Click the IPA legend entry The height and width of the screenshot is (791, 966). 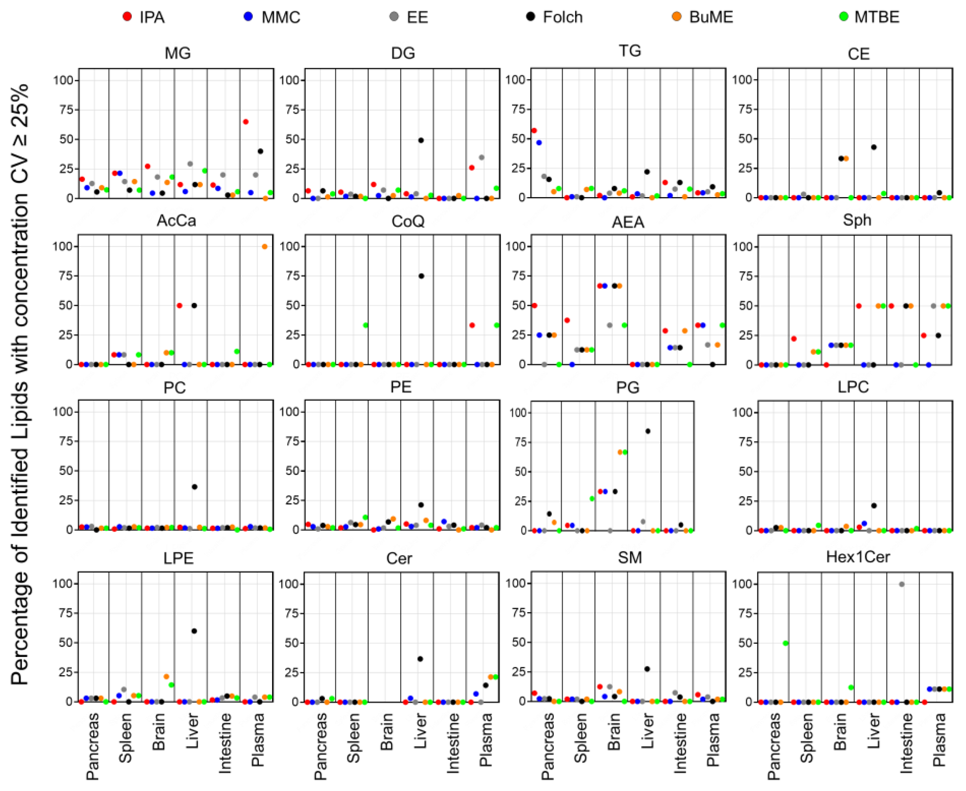(x=144, y=17)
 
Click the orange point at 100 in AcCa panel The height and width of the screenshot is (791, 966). (x=265, y=247)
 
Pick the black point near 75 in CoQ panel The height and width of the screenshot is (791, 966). (x=421, y=276)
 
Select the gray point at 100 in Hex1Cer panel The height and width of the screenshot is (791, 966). (x=901, y=584)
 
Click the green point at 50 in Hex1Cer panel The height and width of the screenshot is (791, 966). (x=785, y=643)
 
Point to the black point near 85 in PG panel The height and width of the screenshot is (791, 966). (x=648, y=431)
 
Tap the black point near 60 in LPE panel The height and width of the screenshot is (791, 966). (x=194, y=631)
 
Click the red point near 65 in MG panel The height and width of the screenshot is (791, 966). (x=246, y=122)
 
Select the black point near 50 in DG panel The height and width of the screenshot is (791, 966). (x=420, y=140)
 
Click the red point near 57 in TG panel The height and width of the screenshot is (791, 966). (x=534, y=130)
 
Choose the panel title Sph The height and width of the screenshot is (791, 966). (x=857, y=220)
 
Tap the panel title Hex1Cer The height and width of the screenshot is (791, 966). (x=858, y=557)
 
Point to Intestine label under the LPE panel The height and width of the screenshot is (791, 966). (x=225, y=743)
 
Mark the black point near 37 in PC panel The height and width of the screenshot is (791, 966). (x=194, y=487)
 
